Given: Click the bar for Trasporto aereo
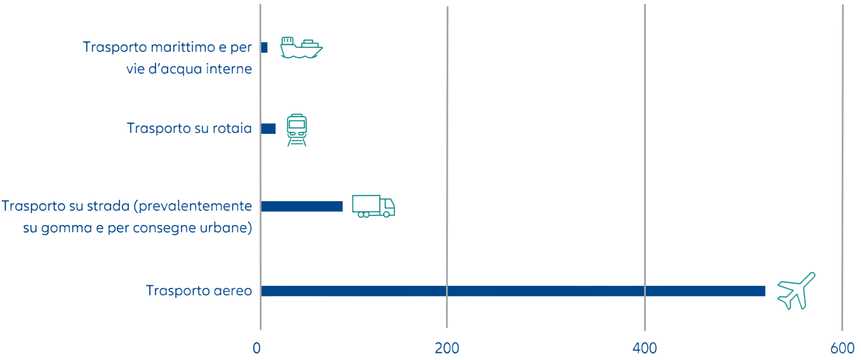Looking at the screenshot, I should (x=513, y=291).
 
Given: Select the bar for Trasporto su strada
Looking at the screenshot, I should (x=302, y=206).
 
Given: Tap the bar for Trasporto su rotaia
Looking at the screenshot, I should (x=269, y=129).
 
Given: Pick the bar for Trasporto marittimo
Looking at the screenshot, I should (x=265, y=47).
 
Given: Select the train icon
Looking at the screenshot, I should (x=297, y=130).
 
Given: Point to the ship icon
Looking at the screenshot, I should (x=301, y=47).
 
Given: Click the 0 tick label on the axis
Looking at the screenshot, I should (x=257, y=348).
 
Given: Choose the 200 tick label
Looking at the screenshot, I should (x=447, y=348).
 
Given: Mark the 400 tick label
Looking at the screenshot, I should (x=645, y=348).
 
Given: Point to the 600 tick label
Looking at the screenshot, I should (x=842, y=348).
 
